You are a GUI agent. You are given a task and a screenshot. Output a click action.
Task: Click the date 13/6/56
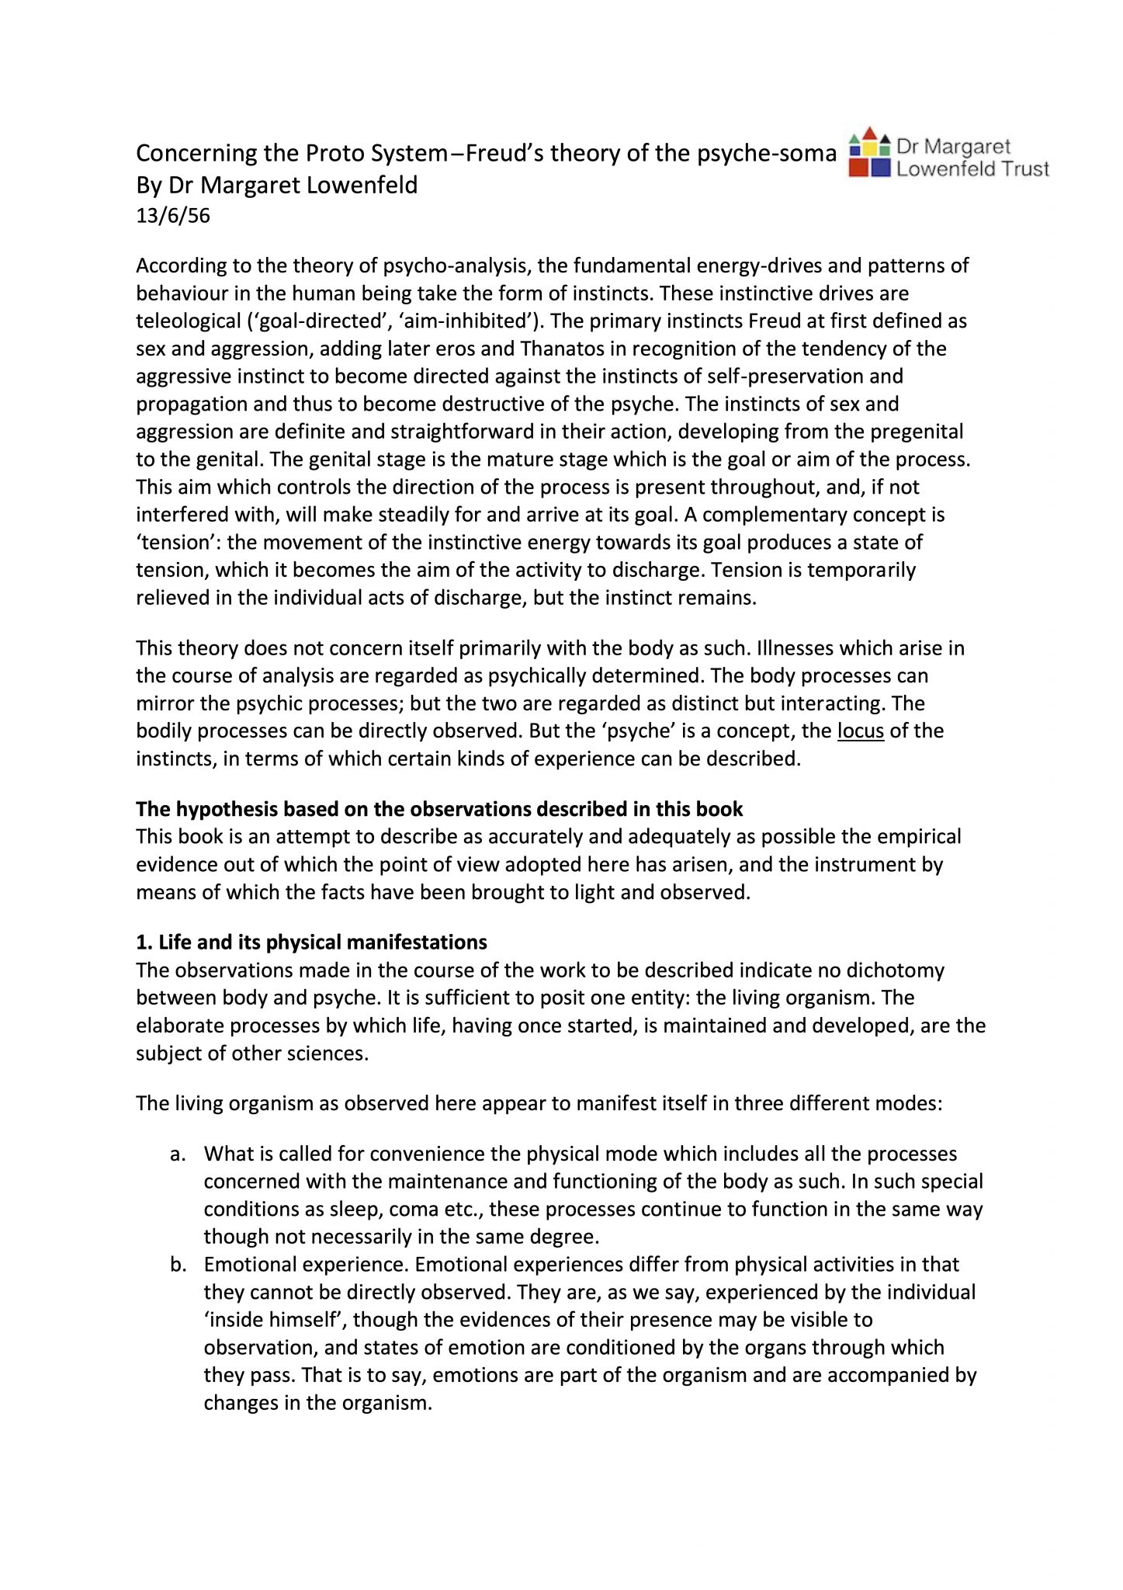point(172,216)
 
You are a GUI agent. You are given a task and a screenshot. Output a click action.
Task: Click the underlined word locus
point(860,731)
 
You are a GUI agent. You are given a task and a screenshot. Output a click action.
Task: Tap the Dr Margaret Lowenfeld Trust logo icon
point(868,153)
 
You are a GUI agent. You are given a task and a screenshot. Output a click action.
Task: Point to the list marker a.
point(178,1154)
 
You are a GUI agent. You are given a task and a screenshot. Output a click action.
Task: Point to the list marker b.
point(178,1265)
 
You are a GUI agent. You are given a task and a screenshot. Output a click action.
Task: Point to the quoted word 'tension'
point(178,543)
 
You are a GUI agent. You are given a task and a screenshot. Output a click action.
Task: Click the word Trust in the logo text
point(1025,169)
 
